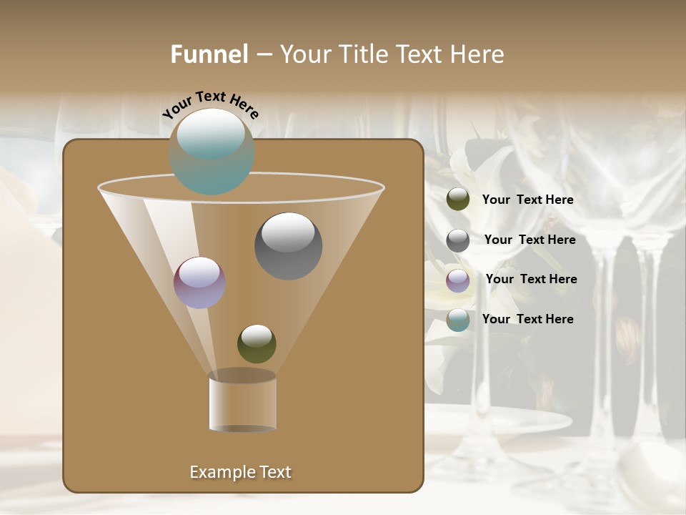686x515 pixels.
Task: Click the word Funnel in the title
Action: tap(209, 54)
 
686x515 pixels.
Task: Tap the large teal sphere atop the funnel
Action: tap(212, 152)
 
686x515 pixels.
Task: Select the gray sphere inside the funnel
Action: tap(288, 245)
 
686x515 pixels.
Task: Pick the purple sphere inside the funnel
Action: tap(199, 283)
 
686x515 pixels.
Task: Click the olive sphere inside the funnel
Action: tap(257, 343)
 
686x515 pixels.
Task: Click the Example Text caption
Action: tap(240, 472)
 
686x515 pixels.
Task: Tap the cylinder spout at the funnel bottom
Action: tap(242, 405)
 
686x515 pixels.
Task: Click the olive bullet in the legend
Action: tap(458, 200)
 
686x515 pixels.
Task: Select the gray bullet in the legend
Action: tap(458, 240)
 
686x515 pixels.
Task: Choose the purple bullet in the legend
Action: tap(458, 280)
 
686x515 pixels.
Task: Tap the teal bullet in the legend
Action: tap(458, 320)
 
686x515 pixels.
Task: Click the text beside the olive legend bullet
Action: tap(527, 200)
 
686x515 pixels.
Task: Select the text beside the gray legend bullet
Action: tap(530, 240)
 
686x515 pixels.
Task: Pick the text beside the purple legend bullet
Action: tap(531, 280)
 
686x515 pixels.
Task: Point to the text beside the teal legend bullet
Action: tap(527, 319)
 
